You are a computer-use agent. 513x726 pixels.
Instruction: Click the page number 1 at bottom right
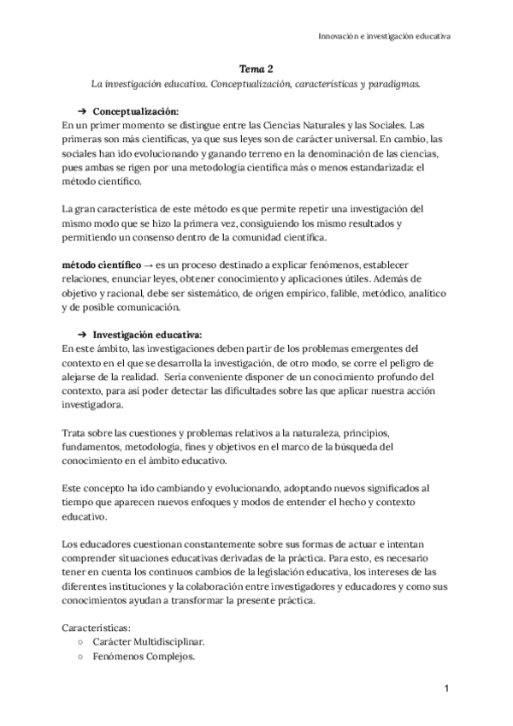point(446,688)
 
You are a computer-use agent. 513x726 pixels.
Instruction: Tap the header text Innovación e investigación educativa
point(385,37)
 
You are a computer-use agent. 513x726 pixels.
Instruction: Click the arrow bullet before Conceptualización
point(83,112)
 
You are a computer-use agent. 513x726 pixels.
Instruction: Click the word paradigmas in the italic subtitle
point(394,86)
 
